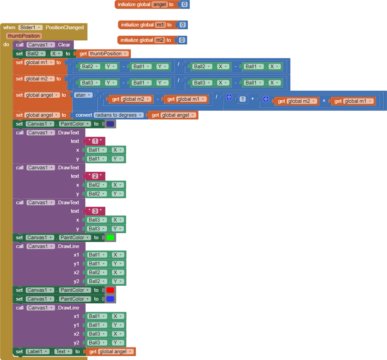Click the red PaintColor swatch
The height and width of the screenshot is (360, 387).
tap(110, 290)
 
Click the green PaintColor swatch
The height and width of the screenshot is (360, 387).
tap(110, 237)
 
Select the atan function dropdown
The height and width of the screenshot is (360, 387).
tap(83, 95)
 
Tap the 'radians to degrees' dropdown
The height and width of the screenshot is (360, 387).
tap(119, 115)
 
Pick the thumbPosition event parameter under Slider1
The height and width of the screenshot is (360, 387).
tap(24, 36)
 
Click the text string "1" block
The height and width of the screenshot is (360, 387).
tap(95, 141)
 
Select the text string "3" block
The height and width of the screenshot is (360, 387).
tap(95, 211)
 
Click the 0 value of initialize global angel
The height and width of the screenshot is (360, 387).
tap(184, 4)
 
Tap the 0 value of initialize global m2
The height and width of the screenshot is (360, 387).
tap(182, 40)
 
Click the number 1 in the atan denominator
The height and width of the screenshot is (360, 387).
tap(243, 99)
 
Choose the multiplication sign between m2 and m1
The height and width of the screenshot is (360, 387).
tap(324, 101)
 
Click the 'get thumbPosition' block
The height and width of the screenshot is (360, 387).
tap(103, 54)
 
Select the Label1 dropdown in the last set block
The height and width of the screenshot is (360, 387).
tap(37, 352)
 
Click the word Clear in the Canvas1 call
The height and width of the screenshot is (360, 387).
tap(64, 45)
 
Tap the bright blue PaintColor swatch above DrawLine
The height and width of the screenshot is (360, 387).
tap(110, 299)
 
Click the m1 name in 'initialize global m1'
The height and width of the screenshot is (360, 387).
tap(160, 25)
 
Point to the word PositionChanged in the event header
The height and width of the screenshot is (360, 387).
tap(64, 27)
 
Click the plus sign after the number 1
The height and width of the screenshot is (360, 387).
tap(253, 99)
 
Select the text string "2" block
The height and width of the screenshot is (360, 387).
tap(95, 176)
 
